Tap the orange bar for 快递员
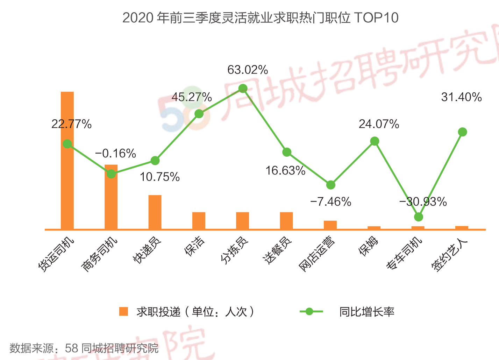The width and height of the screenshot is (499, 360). (x=155, y=212)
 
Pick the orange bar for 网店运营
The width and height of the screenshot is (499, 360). (x=330, y=225)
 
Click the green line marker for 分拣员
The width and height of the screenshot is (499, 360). (x=243, y=89)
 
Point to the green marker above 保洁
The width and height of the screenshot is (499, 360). (x=199, y=114)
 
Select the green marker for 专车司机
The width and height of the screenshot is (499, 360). (x=419, y=217)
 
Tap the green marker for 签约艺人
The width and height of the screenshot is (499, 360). (x=462, y=132)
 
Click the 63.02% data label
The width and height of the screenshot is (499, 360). (x=248, y=70)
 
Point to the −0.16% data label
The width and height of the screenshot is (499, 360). (x=115, y=153)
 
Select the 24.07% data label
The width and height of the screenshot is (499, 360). (x=379, y=124)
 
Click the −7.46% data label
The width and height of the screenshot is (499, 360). (x=330, y=202)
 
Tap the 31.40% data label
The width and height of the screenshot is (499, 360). (x=462, y=97)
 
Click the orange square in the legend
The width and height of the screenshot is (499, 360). (x=123, y=311)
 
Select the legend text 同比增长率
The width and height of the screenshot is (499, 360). (x=367, y=312)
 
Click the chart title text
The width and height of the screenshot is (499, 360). (x=260, y=17)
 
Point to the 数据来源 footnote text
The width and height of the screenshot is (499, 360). (x=84, y=348)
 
